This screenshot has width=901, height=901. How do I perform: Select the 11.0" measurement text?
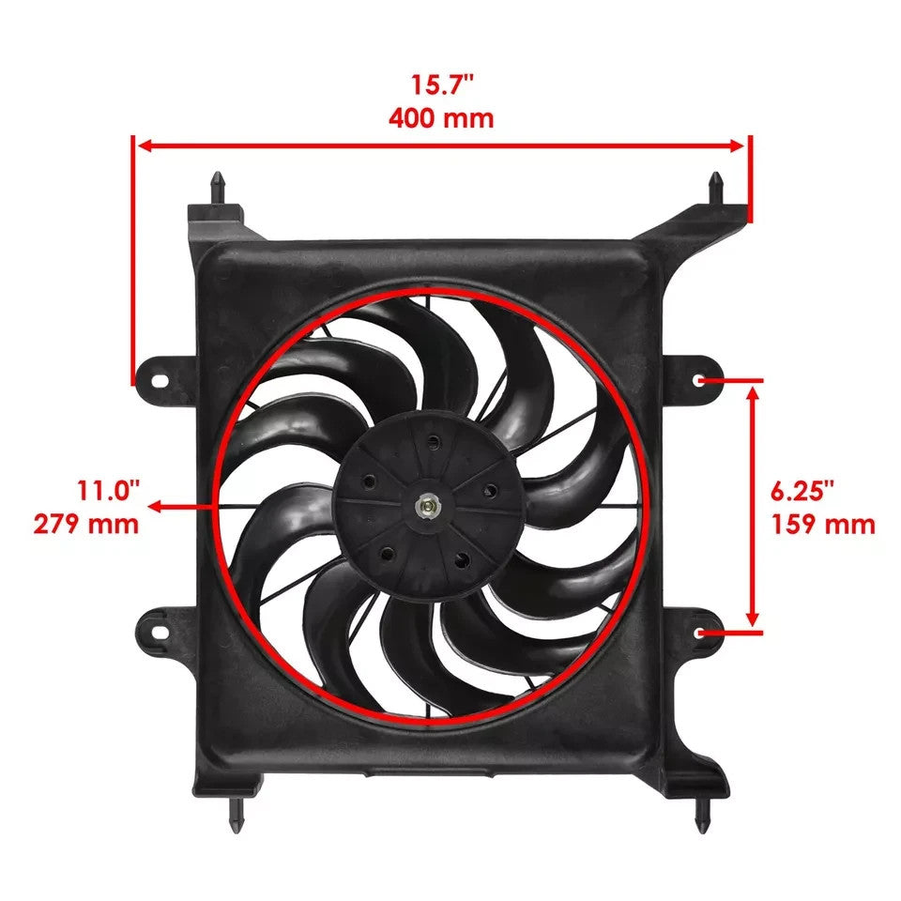[x=108, y=489]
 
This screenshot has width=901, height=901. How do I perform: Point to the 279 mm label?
[x=86, y=523]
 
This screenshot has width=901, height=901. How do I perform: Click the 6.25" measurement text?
[x=803, y=489]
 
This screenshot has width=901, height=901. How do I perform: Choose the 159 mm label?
[x=823, y=523]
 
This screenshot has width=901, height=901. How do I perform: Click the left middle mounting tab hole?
[x=159, y=381]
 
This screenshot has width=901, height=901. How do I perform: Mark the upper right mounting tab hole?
[x=702, y=381]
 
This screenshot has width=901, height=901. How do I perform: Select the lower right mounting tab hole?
[x=701, y=632]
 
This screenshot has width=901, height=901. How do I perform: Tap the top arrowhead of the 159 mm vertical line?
[x=752, y=391]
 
